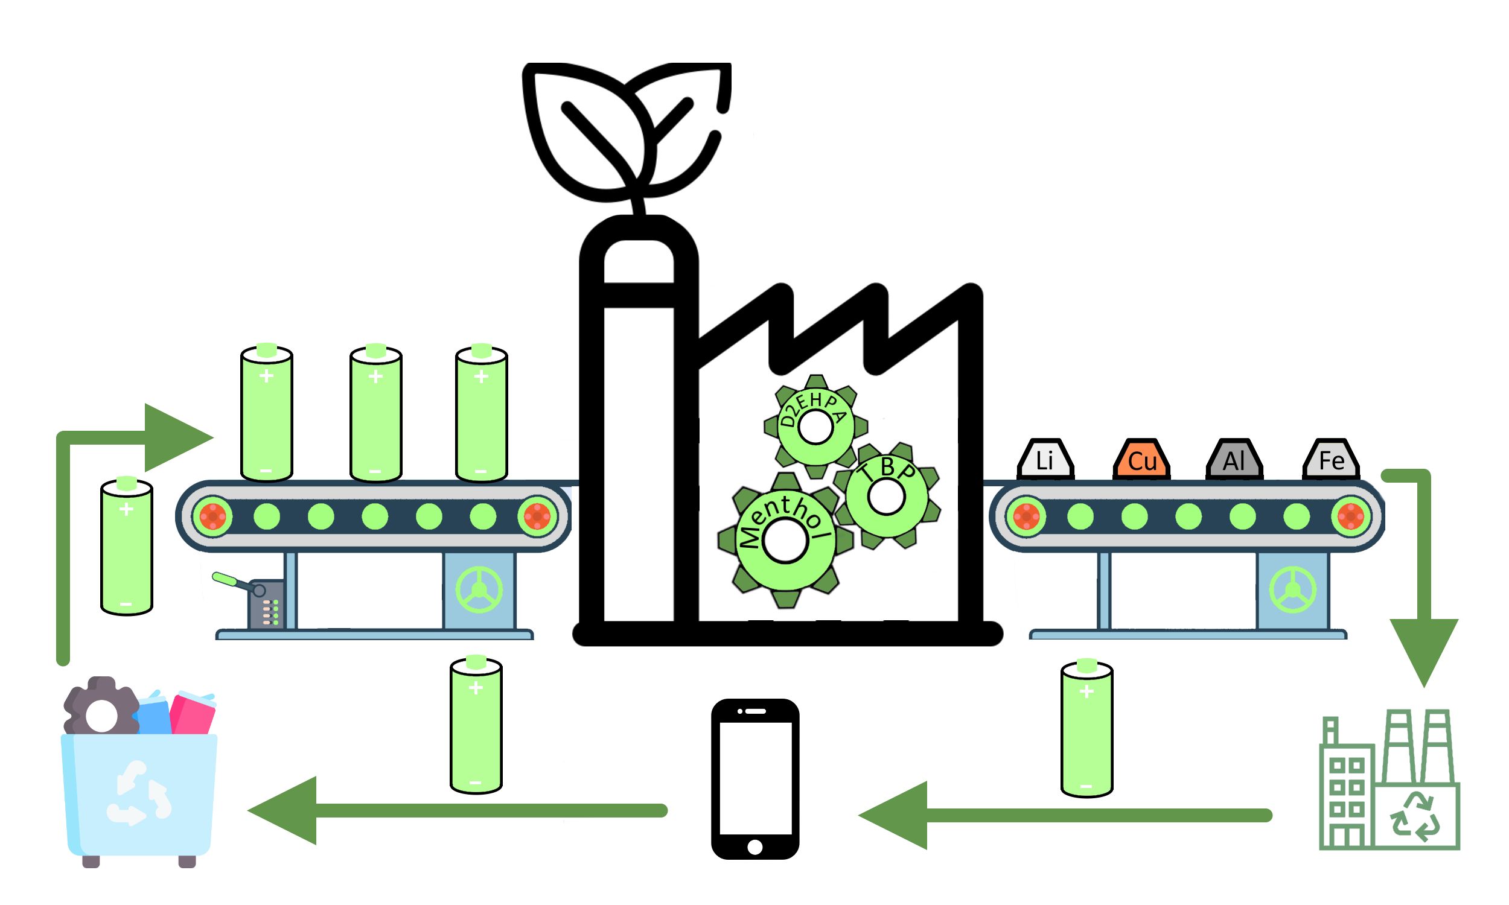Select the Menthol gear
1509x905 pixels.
click(785, 541)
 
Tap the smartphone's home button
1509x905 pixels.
click(754, 846)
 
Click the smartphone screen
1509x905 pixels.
click(755, 778)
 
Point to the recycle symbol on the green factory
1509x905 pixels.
click(1415, 817)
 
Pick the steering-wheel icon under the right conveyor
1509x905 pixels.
click(1292, 589)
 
